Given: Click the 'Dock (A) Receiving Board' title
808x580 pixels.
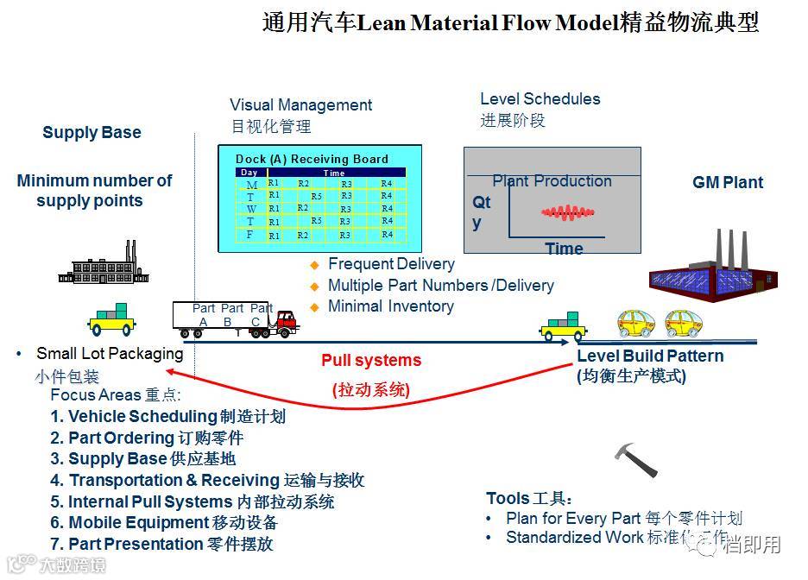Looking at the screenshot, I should [x=312, y=159].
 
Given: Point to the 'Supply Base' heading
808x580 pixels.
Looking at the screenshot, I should [x=92, y=133].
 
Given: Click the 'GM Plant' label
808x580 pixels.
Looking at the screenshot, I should [x=728, y=183].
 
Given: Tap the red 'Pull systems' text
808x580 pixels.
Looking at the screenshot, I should [x=371, y=361].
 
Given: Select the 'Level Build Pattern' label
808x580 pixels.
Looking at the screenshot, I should [x=650, y=356].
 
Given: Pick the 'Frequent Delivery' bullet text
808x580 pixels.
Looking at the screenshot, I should [x=391, y=264].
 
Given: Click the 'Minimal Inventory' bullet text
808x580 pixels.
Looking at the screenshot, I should [x=390, y=306].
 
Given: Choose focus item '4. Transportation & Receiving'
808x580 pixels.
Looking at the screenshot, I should [x=207, y=481].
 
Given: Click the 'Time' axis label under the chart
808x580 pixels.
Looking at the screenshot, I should [x=564, y=249].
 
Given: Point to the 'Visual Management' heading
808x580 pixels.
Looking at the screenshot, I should [x=300, y=105].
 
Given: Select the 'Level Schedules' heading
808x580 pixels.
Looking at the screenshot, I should [x=540, y=99].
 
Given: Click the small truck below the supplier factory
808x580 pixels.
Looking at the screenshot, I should [x=112, y=321].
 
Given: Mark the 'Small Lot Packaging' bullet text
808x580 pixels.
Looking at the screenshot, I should [x=110, y=354].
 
